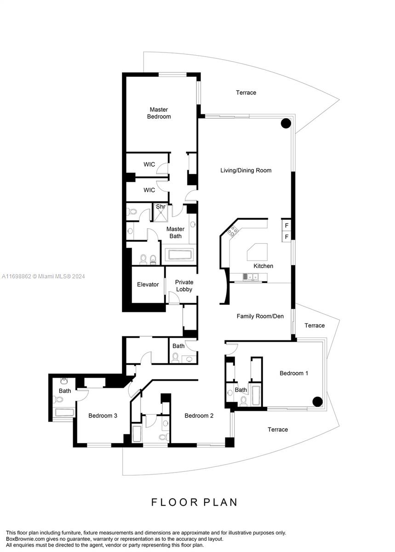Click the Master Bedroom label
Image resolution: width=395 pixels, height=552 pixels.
click(159, 113)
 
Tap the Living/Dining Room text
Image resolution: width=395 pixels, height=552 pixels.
click(246, 170)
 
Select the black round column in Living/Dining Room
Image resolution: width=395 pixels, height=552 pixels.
click(286, 123)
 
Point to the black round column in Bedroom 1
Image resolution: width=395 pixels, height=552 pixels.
click(317, 401)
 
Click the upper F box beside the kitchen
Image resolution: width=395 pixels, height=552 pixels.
click(286, 225)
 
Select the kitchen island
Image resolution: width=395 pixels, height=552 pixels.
click(258, 252)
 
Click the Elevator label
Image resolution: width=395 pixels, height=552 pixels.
click(148, 284)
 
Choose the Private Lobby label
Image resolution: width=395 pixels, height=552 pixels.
click(184, 286)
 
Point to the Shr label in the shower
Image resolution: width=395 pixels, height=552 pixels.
click(160, 207)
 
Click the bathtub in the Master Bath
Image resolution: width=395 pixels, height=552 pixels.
click(180, 254)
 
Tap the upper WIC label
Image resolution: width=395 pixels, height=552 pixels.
click(149, 164)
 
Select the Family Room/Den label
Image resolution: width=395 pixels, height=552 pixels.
click(260, 316)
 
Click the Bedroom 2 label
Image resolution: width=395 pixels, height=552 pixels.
click(199, 415)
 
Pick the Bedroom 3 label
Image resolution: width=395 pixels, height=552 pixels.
click(103, 415)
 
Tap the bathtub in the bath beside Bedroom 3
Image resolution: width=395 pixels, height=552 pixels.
click(63, 412)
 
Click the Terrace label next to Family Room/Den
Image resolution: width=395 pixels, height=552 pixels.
click(315, 325)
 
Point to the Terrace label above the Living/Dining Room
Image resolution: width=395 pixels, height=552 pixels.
click(246, 92)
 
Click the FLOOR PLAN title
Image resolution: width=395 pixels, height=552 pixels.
click(195, 502)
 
